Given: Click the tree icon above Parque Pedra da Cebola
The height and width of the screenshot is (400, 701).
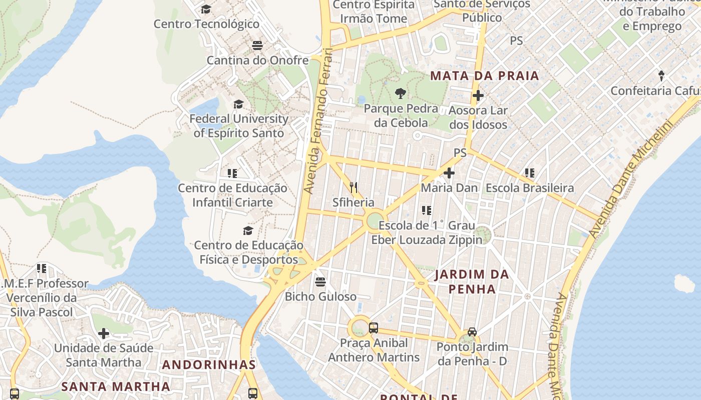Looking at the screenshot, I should point(400,93).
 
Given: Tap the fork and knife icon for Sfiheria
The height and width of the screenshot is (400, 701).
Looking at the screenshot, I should point(354,187).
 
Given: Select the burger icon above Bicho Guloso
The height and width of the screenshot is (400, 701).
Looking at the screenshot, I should point(320,281).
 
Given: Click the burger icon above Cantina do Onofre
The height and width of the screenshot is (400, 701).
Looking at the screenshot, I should point(257,45).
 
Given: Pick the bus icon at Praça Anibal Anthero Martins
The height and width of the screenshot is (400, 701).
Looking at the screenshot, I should point(374,328).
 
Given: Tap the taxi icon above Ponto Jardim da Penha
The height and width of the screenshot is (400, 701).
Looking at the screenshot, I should point(472,331).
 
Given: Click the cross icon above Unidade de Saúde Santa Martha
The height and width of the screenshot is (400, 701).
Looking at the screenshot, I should point(104,333).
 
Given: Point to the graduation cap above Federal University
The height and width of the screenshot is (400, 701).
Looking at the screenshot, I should point(238,104).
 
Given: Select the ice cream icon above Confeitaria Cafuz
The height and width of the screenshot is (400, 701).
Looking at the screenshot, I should point(661,76).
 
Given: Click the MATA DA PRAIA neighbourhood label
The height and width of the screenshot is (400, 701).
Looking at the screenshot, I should point(485,76).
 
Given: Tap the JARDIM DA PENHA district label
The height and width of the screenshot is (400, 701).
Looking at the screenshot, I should point(472,281).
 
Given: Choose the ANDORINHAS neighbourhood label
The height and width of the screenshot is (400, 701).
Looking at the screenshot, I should point(209,365).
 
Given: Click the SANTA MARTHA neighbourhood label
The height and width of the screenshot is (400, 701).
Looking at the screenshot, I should point(116,386).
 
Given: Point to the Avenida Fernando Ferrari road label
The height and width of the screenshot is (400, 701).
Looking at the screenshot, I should point(318,120).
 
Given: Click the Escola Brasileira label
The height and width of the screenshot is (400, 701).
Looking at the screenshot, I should point(530,188).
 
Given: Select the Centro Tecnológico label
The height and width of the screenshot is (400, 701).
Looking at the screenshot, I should point(206,24).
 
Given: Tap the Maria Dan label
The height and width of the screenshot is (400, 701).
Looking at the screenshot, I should point(449,188).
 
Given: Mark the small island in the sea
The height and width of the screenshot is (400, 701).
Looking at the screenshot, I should point(684,283).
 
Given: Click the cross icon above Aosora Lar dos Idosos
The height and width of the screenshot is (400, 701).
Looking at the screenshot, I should point(478,95).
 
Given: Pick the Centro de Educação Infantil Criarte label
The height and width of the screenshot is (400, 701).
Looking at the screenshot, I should point(233,195).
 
